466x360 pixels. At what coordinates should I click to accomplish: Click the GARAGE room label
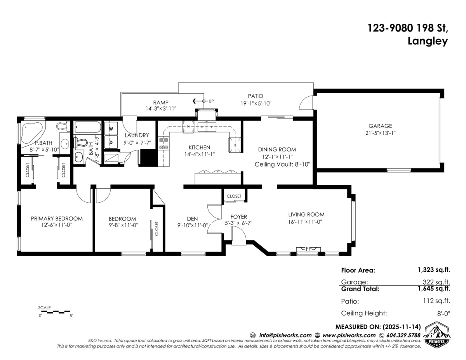[x=380, y=126]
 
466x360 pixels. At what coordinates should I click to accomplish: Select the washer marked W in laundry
[x=111, y=129]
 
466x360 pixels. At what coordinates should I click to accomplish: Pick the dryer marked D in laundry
[x=111, y=142]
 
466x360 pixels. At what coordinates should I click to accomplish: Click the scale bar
[x=54, y=311]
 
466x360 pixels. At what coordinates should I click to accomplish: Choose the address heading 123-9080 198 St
[x=408, y=28]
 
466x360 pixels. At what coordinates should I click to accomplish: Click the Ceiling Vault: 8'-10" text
[x=282, y=164]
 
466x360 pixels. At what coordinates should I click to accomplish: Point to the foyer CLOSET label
[x=234, y=196]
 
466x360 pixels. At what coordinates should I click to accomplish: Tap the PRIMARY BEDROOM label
[x=57, y=218]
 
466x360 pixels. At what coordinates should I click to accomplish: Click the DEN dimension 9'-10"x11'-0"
[x=193, y=224]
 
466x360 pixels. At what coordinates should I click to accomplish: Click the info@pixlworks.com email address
[x=285, y=335]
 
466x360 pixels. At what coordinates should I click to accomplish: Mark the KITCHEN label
[x=199, y=147]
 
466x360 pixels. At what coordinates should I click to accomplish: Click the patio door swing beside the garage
[x=306, y=103]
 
